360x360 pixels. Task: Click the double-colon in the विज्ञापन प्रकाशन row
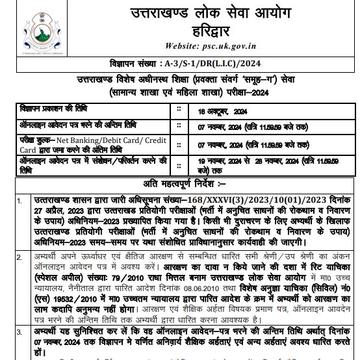(179, 109)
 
